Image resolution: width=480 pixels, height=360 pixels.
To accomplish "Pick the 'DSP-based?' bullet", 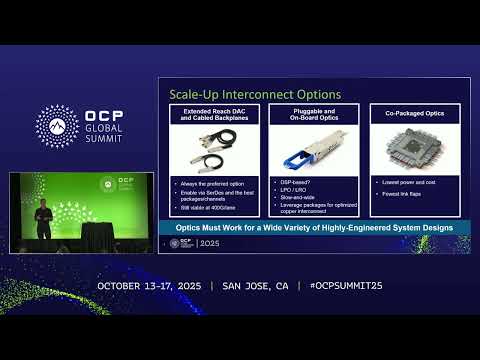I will [296, 182].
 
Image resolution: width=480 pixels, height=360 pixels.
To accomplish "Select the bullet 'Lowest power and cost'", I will [397, 183].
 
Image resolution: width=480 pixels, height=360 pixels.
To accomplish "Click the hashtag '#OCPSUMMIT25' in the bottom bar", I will [341, 286].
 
